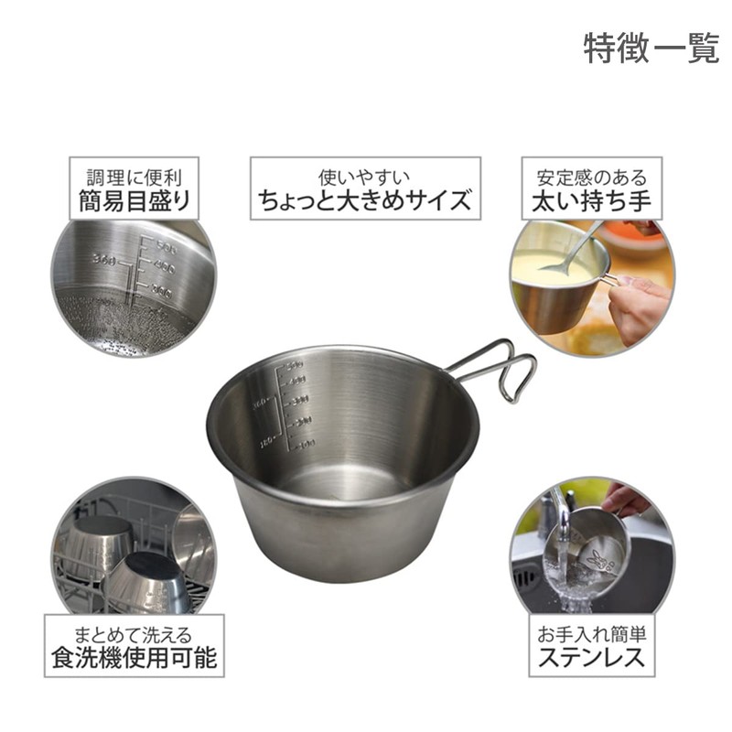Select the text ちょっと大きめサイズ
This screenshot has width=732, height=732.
click(365, 199)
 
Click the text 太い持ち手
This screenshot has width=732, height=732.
click(591, 200)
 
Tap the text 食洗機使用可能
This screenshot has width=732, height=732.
click(134, 657)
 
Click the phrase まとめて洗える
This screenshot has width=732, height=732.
click(134, 632)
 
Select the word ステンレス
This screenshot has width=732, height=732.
click(591, 657)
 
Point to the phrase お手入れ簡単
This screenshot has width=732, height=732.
click(591, 632)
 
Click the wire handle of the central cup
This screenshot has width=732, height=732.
click(500, 367)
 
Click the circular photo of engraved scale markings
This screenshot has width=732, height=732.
click(134, 288)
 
